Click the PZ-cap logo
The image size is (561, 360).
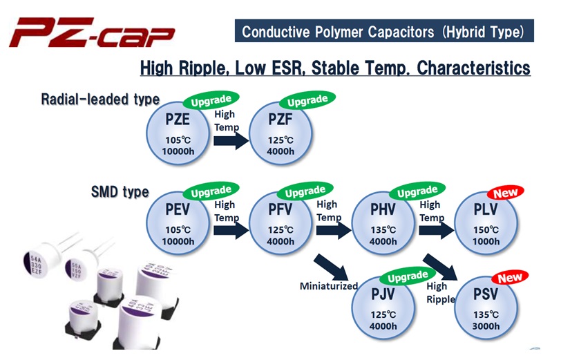click(93, 32)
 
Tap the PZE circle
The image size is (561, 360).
click(178, 133)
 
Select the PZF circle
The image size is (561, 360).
click(280, 133)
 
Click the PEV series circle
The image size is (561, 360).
click(178, 223)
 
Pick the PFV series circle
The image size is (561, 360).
click(280, 223)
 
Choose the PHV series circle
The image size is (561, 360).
click(383, 223)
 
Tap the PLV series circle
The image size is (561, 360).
click(486, 223)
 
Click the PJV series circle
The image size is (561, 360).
click(383, 307)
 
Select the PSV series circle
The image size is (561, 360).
click(486, 307)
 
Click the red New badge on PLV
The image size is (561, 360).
click(505, 193)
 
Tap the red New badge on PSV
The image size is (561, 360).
click(510, 278)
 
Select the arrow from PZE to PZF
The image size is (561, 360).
click(231, 140)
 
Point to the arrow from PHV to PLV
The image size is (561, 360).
click(437, 230)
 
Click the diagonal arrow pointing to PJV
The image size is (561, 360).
click(331, 267)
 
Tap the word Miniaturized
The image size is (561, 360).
click(329, 286)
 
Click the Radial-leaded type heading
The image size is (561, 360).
click(100, 100)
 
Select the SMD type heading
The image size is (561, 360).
click(120, 192)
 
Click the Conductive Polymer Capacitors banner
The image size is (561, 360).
click(384, 31)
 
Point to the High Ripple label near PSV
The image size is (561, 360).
click(441, 293)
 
